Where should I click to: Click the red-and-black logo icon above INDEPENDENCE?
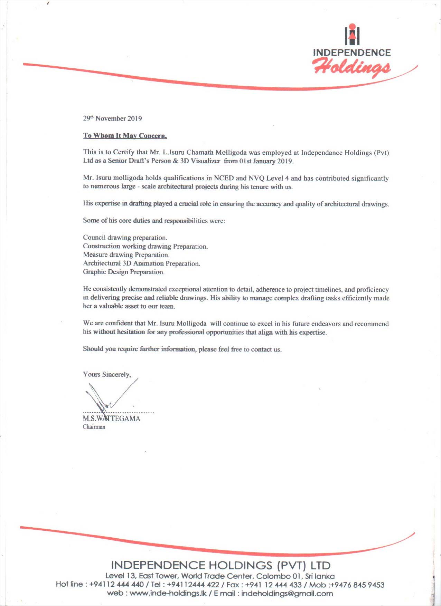pos(352,35)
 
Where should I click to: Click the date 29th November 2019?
pos(112,118)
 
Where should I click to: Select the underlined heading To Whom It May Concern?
pos(125,136)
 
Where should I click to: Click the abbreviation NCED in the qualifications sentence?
pos(224,178)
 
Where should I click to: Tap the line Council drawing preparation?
pos(125,238)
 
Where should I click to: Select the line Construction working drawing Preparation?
pos(145,246)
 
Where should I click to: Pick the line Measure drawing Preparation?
pos(126,255)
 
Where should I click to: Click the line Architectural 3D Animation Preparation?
pos(141,263)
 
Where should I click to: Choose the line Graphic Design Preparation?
pos(123,272)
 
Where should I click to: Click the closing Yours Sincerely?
pos(107,375)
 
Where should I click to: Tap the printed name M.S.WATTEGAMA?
pos(111,419)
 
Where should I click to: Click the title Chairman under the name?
pos(94,427)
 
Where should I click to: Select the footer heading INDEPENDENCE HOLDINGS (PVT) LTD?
pos(221,565)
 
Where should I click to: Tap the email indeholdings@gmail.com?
pos(287,594)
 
